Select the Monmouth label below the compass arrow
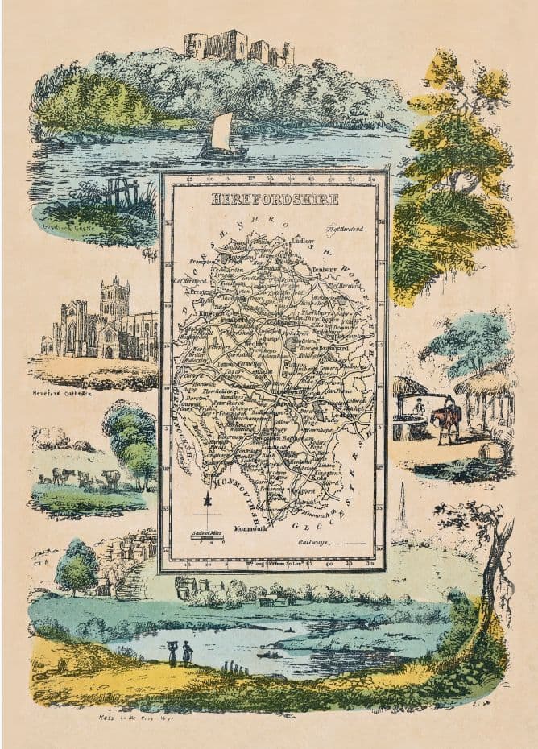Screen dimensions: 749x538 point(250,529)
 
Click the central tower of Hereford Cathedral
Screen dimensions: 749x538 point(114,299)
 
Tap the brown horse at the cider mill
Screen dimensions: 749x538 point(447,420)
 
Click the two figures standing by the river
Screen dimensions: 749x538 point(179,652)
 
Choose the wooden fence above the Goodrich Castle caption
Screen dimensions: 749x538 point(121,192)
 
